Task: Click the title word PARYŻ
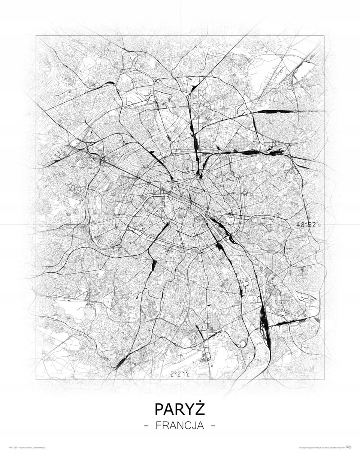click(x=180, y=409)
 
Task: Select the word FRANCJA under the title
click(x=180, y=426)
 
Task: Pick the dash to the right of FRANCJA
click(x=214, y=426)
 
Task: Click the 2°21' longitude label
click(x=179, y=374)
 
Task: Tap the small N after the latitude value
click(x=320, y=226)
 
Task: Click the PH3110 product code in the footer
click(x=12, y=448)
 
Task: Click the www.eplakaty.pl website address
click(x=307, y=448)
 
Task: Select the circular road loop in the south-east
click(x=243, y=343)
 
